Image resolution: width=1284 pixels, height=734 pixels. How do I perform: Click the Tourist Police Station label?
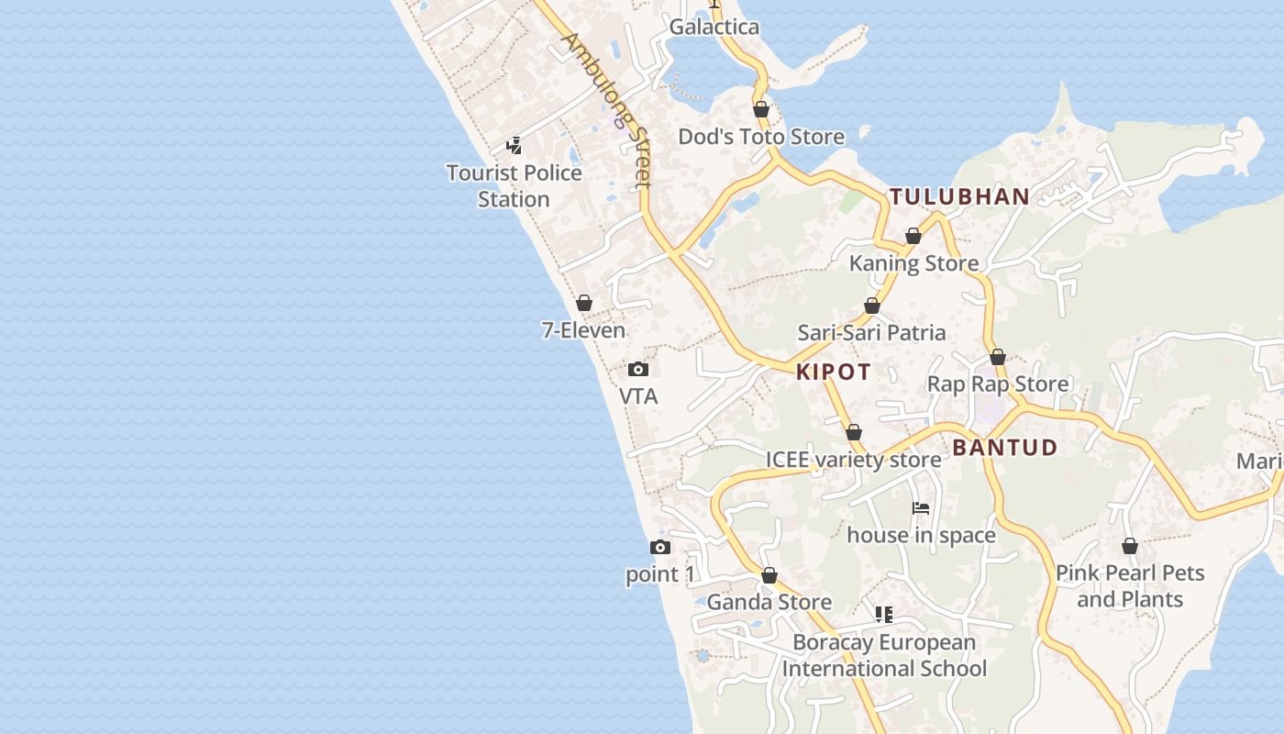pos(514,185)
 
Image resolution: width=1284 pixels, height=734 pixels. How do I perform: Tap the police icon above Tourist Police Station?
pos(514,145)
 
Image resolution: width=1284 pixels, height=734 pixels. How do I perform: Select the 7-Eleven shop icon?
pos(584,303)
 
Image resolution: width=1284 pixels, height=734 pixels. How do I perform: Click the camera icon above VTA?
pos(638,369)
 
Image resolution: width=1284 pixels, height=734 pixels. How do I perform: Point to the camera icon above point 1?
pos(659,548)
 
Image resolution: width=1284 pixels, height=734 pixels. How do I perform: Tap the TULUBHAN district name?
pos(959,196)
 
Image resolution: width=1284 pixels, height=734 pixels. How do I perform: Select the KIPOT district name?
pos(834,372)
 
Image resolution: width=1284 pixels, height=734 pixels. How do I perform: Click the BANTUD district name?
pos(1005,448)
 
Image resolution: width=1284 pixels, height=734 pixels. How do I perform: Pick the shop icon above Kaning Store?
pos(913,237)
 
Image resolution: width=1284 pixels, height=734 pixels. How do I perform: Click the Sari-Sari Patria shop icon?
pos(872,306)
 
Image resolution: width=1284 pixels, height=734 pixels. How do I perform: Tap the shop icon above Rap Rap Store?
pos(998,357)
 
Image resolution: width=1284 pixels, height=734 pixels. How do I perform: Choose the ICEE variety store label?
pos(853,460)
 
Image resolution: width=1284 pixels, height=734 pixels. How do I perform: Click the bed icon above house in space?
pos(921,508)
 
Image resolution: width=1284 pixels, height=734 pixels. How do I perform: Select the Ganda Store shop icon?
pos(769,575)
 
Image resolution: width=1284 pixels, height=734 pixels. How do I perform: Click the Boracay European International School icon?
pos(884,614)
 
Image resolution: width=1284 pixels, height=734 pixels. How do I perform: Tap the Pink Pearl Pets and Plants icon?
pos(1130,546)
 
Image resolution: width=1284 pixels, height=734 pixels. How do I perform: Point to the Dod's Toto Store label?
pos(761,137)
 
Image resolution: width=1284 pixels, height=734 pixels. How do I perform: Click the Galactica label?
pos(714,27)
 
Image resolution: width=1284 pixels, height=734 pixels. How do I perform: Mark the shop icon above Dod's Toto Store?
pos(761,110)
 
